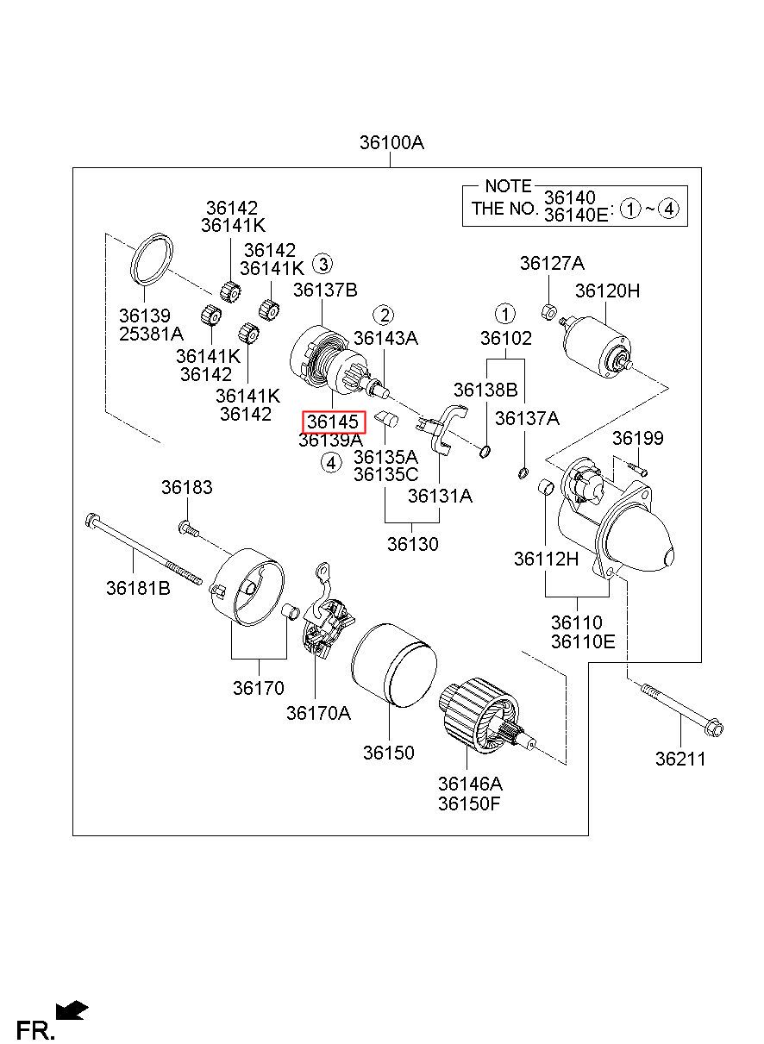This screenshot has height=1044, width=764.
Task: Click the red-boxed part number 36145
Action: [x=333, y=422]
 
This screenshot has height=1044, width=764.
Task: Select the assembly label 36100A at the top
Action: [x=391, y=142]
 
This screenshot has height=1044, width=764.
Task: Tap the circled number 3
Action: [x=323, y=265]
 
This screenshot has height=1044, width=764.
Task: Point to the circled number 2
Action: [x=384, y=316]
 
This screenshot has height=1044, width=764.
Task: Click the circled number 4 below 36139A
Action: [x=331, y=463]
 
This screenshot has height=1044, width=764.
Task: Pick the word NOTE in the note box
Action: [x=508, y=186]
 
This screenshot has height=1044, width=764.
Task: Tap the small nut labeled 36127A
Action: [x=549, y=311]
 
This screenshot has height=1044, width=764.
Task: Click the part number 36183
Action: [x=187, y=487]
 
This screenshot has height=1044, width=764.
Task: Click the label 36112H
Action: [x=546, y=559]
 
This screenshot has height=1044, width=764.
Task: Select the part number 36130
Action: [x=412, y=544]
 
